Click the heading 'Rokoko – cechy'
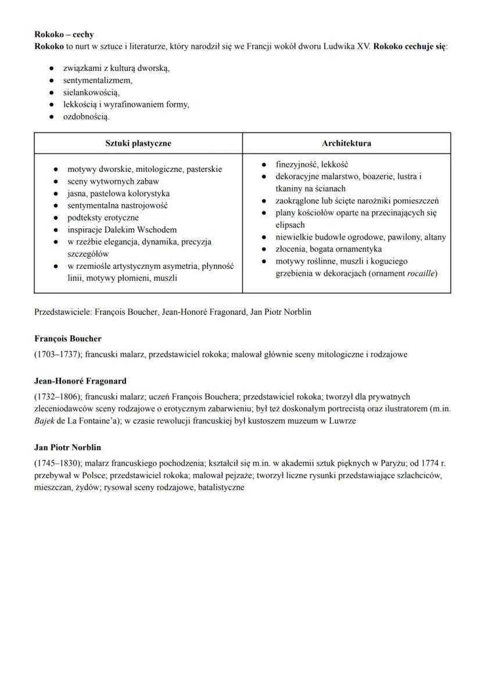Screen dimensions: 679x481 pyautogui.click(x=64, y=35)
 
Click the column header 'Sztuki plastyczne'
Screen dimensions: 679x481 pyautogui.click(x=138, y=143)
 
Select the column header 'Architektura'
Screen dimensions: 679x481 pyautogui.click(x=346, y=143)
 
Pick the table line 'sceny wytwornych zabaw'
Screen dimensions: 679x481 pyautogui.click(x=105, y=181)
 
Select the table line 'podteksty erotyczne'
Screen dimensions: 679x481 pyautogui.click(x=103, y=217)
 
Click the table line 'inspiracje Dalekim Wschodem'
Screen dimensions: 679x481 pyautogui.click(x=122, y=229)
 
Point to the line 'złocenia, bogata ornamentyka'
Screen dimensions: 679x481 pyautogui.click(x=328, y=249)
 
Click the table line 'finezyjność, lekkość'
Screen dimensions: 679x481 pyautogui.click(x=311, y=164)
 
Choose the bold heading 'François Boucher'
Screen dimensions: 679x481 pyautogui.click(x=68, y=339)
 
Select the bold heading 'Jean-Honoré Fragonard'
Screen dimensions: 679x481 pyautogui.click(x=80, y=381)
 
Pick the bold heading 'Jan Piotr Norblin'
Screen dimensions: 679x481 pyautogui.click(x=68, y=447)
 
